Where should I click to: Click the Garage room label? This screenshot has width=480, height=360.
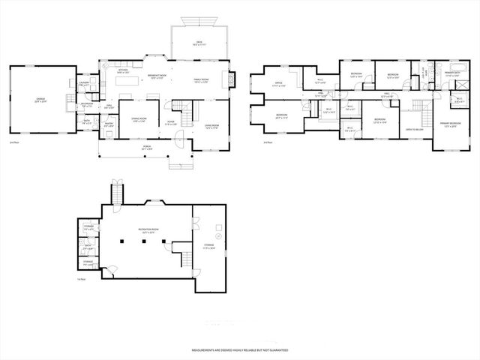pyautogui.click(x=40, y=99)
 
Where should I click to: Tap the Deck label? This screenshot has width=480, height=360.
pyautogui.click(x=199, y=43)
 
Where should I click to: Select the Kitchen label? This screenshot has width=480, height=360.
pyautogui.click(x=123, y=70)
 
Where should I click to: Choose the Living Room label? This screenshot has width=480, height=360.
pyautogui.click(x=211, y=126)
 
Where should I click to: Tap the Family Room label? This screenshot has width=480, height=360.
pyautogui.click(x=202, y=81)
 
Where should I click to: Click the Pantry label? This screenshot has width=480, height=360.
pyautogui.click(x=108, y=125)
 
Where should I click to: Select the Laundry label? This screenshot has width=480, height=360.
pyautogui.click(x=85, y=85)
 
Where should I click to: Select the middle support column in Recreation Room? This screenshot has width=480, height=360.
pyautogui.click(x=142, y=241)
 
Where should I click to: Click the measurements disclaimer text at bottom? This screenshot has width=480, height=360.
pyautogui.click(x=240, y=349)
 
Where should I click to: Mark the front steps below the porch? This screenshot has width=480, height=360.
pyautogui.click(x=177, y=164)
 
